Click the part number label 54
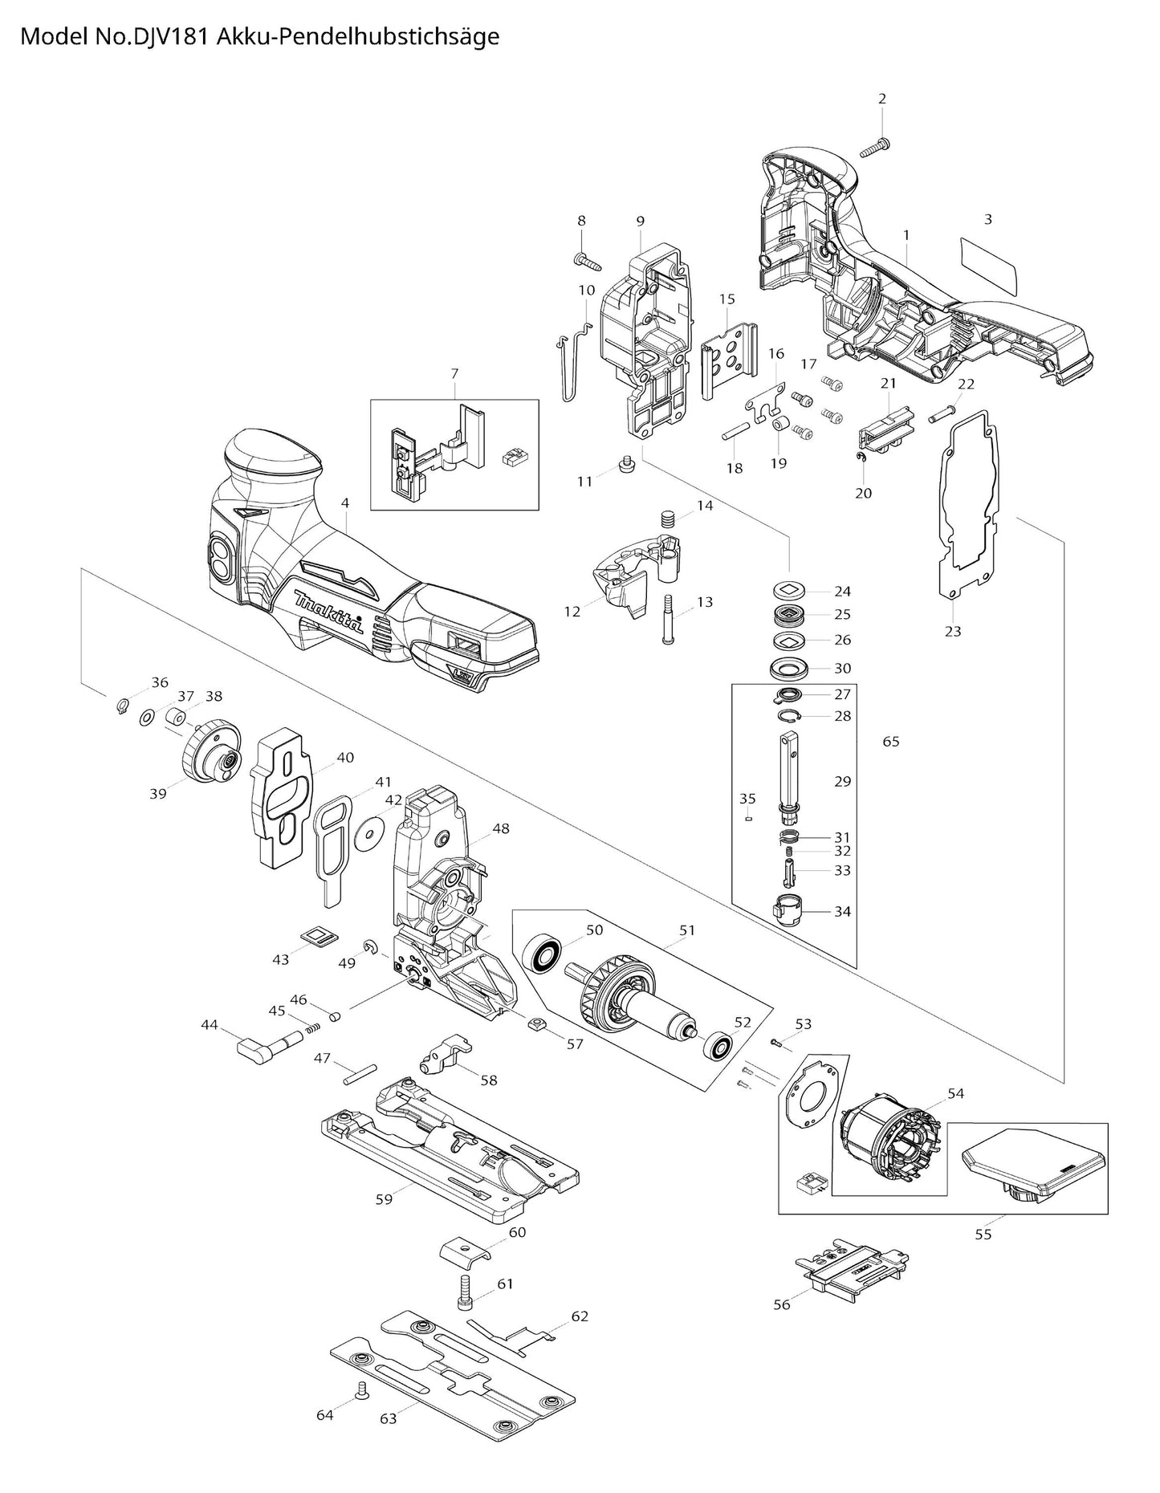(x=955, y=1093)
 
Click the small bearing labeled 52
(x=716, y=1047)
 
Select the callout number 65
(x=891, y=742)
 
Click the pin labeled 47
(x=360, y=1073)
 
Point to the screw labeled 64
(x=360, y=1388)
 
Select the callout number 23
(x=952, y=632)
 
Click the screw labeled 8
(x=587, y=258)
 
